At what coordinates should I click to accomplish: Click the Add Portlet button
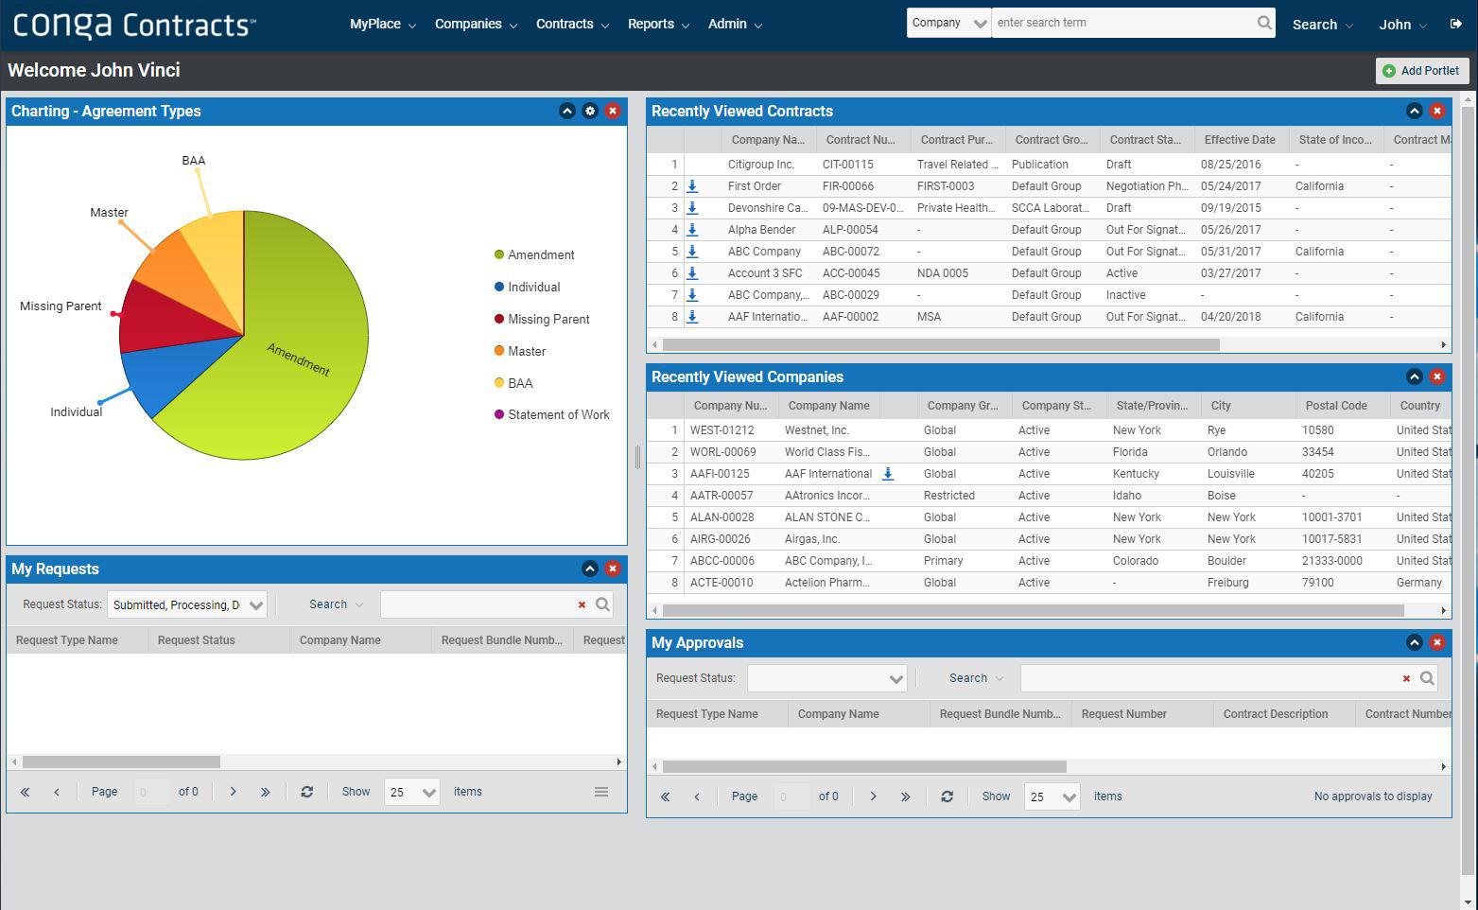tap(1421, 71)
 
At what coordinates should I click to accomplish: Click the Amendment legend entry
tap(540, 255)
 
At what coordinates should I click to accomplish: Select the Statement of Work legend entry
tap(558, 415)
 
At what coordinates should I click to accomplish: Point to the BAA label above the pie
tap(193, 161)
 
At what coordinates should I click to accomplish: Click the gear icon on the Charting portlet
tap(590, 112)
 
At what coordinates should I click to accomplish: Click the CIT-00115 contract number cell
tap(848, 165)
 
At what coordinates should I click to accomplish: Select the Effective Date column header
tap(1240, 140)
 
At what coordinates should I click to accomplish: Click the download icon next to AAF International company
tap(888, 474)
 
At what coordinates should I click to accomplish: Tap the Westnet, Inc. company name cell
tap(817, 430)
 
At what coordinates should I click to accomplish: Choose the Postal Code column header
tap(1336, 406)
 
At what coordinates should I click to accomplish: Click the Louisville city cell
tap(1231, 474)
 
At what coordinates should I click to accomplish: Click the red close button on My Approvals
tap(1437, 643)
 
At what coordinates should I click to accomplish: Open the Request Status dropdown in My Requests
tap(187, 605)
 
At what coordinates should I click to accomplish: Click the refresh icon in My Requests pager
tap(306, 793)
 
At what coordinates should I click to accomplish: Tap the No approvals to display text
tap(1373, 796)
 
